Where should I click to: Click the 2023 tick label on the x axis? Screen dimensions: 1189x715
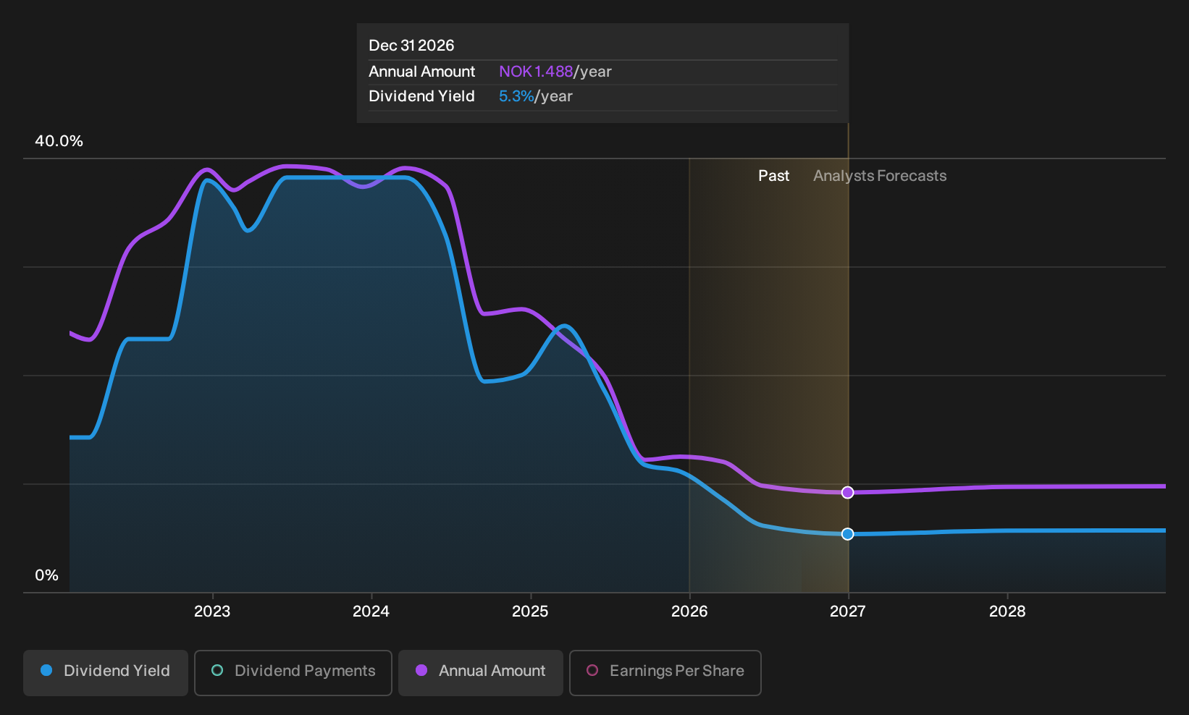click(x=211, y=612)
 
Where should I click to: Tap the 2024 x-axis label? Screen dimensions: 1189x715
click(x=371, y=612)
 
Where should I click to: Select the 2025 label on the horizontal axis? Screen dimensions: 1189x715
click(x=530, y=612)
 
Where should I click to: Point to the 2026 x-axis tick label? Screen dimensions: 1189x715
click(x=689, y=612)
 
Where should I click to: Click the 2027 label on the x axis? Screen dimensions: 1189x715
click(x=848, y=612)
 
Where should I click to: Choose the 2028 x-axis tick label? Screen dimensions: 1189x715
click(x=1007, y=612)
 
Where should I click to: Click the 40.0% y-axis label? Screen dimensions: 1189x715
click(x=59, y=141)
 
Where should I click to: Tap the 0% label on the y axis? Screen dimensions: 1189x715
click(x=47, y=575)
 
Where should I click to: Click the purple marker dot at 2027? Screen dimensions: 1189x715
click(x=848, y=492)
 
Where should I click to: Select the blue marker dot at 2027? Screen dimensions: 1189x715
click(x=848, y=533)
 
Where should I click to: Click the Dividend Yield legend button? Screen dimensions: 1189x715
click(x=106, y=672)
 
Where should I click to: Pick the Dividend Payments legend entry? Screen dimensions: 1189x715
click(x=293, y=672)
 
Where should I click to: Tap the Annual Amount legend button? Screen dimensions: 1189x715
click(x=480, y=672)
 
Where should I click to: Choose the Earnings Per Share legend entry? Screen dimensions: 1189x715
click(x=665, y=672)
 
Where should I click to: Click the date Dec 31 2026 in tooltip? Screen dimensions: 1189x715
click(x=411, y=46)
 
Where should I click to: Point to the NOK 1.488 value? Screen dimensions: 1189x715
click(x=536, y=72)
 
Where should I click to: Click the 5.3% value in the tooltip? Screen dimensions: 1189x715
click(x=516, y=96)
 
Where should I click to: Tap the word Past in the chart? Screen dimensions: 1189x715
click(x=773, y=176)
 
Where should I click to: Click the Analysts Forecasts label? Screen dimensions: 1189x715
click(x=880, y=176)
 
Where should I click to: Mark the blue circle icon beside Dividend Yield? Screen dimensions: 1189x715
click(x=47, y=670)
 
